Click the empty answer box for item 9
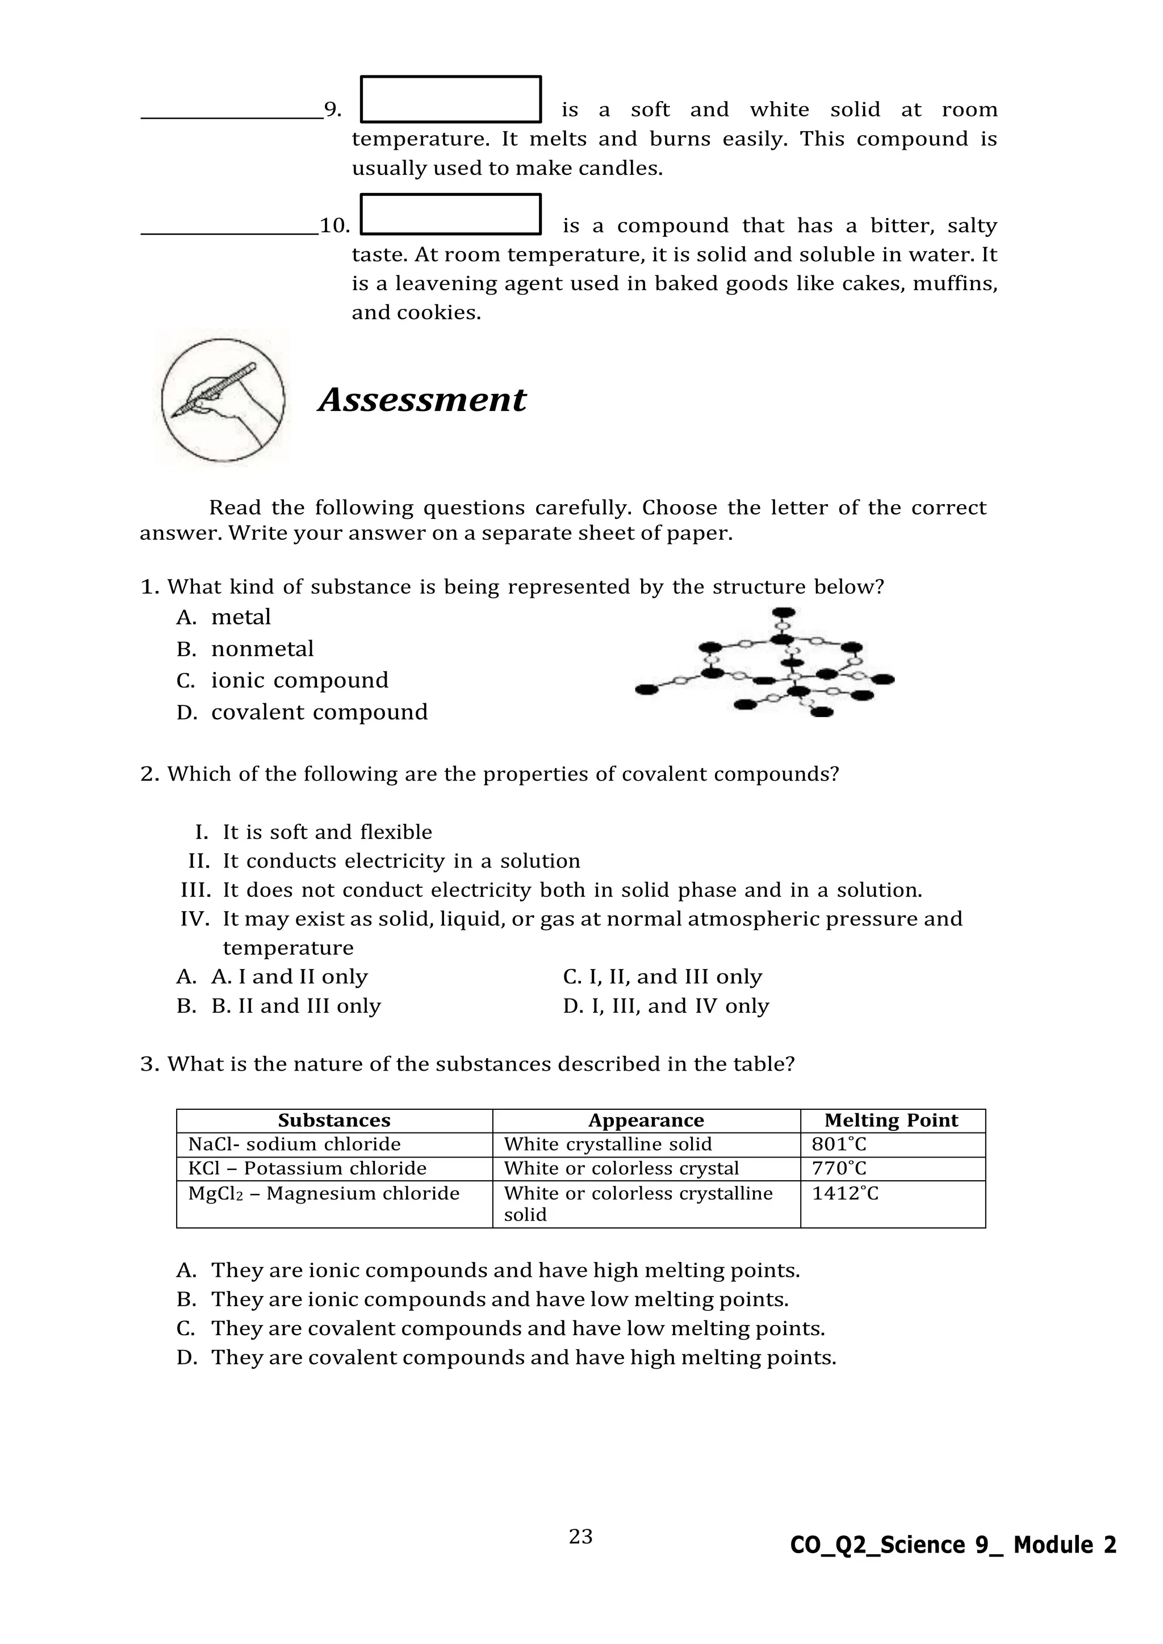click(x=450, y=99)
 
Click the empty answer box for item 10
click(x=450, y=214)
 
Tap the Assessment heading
click(x=422, y=400)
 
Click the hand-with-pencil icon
click(x=223, y=400)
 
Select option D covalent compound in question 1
click(x=319, y=712)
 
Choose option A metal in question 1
click(x=241, y=617)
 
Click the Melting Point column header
click(x=891, y=1121)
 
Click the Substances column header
click(x=334, y=1121)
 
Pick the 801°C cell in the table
click(x=839, y=1144)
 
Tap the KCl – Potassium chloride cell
click(x=307, y=1168)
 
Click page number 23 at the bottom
click(x=580, y=1537)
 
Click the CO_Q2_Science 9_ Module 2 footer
click(x=952, y=1545)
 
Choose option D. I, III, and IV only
click(x=666, y=1006)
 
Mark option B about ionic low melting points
click(x=499, y=1299)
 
